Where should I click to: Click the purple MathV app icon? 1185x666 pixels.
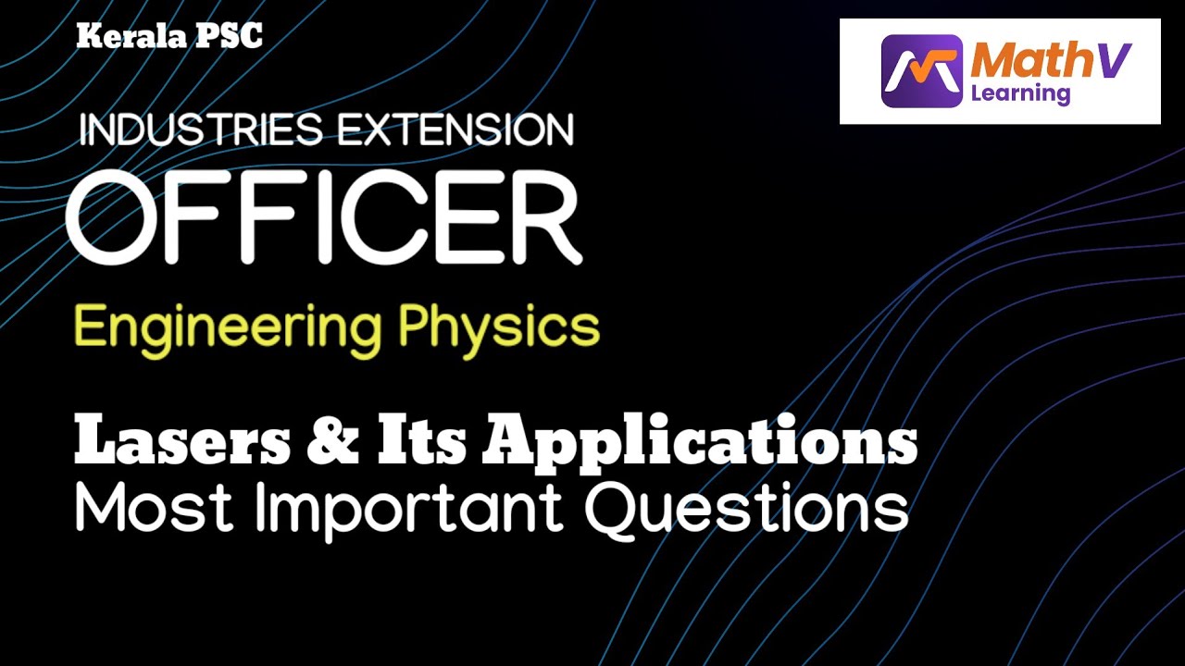pyautogui.click(x=921, y=71)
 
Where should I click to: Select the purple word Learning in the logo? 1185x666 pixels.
pyautogui.click(x=1020, y=94)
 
